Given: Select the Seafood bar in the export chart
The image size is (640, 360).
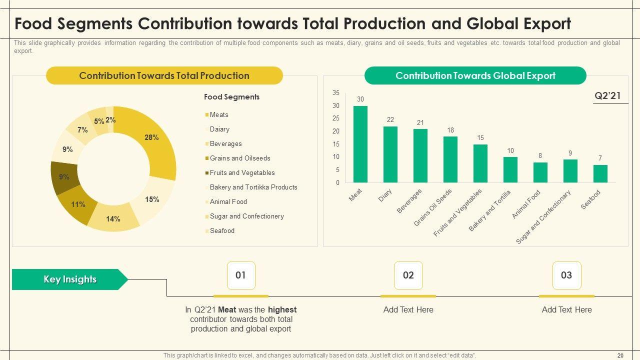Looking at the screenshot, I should pos(600,173).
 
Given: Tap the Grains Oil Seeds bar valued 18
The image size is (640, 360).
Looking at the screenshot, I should pos(450,159).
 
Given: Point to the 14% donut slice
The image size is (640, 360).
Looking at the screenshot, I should pos(113,219).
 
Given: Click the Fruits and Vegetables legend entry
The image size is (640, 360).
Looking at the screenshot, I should pos(242,173).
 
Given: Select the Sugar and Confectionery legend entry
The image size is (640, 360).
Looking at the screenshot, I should pos(246,216).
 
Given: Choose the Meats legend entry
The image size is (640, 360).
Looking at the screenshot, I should pos(219,115).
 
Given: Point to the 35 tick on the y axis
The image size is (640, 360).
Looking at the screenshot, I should pos(335,93).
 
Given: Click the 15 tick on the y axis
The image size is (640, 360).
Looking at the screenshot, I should pos(335,144).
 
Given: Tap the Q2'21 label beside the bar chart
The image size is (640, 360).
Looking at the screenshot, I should pos(607,96).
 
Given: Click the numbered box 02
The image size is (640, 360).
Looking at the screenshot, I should pos(408,275).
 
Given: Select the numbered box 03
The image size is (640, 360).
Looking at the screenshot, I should pos(566,275).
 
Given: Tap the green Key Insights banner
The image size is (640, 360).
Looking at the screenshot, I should pos(69,279).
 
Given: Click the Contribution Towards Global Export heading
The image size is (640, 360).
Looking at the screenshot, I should pos(475,76).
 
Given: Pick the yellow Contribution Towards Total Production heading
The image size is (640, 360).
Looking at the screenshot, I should pos(164,76).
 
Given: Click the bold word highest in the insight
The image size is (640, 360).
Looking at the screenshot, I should pos(282,310).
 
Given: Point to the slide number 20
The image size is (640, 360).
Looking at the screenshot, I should pos(620,355).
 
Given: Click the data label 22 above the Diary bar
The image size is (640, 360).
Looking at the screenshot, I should pos(390,119).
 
